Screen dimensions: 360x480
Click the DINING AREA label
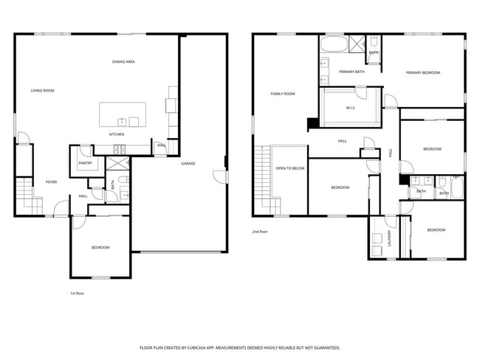click(123, 62)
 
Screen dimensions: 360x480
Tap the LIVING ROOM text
click(42, 91)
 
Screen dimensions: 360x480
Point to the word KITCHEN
click(117, 135)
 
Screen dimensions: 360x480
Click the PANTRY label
click(84, 164)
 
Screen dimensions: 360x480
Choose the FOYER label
click(52, 181)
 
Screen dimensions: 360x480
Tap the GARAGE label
click(188, 163)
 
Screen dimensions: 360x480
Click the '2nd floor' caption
click(260, 231)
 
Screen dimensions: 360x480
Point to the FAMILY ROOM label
click(282, 94)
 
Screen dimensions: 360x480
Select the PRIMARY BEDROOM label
click(422, 73)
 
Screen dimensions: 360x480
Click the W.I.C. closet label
click(352, 108)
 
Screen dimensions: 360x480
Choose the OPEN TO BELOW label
click(290, 168)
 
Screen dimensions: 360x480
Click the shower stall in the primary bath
click(357, 44)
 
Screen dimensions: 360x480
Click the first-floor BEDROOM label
click(100, 248)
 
